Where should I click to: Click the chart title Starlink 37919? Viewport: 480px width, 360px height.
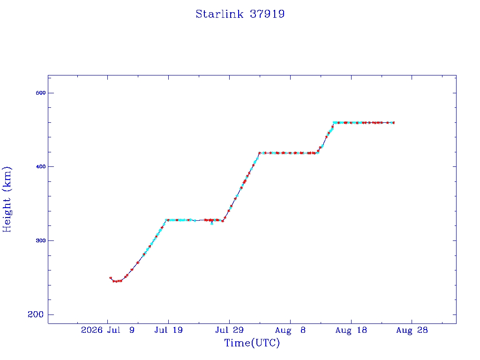coord(240,14)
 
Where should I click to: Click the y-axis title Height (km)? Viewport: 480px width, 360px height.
coord(7,199)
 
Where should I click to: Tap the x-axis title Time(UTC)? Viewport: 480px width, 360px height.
coord(252,343)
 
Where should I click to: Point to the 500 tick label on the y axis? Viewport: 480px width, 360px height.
coord(41,93)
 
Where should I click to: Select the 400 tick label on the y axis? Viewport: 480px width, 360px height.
coord(41,166)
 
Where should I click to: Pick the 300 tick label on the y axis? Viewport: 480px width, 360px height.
coord(41,240)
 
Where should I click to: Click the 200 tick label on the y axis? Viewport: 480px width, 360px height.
coord(36,315)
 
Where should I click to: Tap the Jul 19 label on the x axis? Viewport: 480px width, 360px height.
coord(168,330)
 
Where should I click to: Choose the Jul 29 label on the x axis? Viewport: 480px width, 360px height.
coord(229,330)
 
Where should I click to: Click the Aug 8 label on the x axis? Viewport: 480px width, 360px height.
coord(290,330)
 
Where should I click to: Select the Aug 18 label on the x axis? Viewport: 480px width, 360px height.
coord(351,330)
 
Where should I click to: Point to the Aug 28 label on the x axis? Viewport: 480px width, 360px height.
coord(412,330)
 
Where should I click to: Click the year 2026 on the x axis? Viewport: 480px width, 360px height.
coord(91,330)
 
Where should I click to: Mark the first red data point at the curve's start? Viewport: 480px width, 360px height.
coord(111,278)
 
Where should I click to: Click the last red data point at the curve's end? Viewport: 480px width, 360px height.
coord(393,123)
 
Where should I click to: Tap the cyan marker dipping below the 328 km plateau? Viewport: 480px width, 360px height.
coord(212,224)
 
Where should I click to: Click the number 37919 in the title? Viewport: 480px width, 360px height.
coord(267,14)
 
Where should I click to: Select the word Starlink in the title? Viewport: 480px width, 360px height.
coord(219,14)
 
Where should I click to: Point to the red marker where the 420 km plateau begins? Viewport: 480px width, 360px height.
coord(260,153)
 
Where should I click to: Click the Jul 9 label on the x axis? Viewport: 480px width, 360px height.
coord(121,330)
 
